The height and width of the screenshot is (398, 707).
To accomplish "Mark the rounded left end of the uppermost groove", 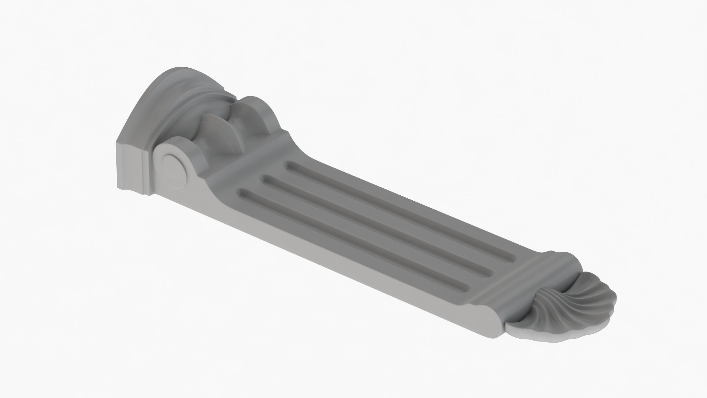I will point(289,165).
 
